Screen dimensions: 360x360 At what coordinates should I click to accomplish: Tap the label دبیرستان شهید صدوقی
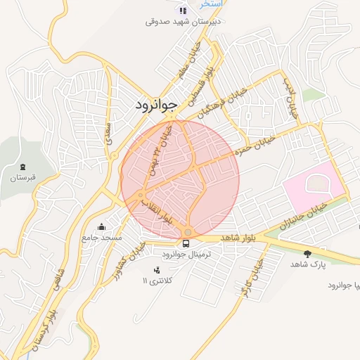click(x=184, y=21)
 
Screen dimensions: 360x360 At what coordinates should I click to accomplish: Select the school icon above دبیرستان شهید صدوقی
click(x=184, y=10)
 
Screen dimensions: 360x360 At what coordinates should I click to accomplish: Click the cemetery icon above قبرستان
click(x=23, y=167)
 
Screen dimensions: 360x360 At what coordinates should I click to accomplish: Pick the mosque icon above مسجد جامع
click(x=102, y=226)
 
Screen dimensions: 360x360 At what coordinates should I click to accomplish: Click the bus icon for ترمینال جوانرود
click(x=186, y=243)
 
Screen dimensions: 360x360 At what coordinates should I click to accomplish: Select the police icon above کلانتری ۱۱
click(x=156, y=270)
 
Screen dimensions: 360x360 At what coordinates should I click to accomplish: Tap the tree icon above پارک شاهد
click(x=307, y=253)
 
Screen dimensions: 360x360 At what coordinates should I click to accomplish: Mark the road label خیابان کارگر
click(x=254, y=277)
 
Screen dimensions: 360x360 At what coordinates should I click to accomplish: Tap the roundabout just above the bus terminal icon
click(x=188, y=231)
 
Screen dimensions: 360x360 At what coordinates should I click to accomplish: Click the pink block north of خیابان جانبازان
click(x=314, y=186)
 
